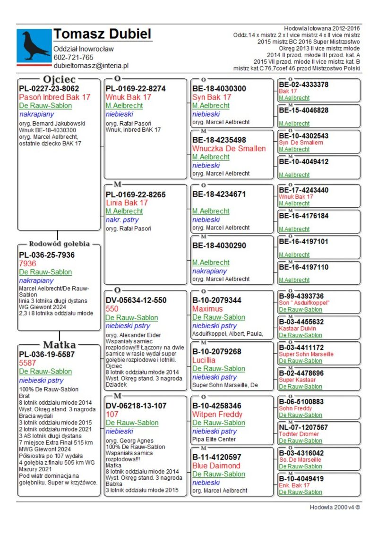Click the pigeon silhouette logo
[34, 46]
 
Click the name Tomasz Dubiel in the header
[102, 34]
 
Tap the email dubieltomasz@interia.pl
[91, 66]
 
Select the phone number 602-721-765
[73, 58]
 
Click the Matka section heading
[60, 344]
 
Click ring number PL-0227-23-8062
[49, 88]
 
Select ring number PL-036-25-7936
[46, 255]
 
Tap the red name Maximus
[206, 309]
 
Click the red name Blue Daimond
[216, 466]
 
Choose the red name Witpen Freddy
[217, 414]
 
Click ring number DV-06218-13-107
[136, 406]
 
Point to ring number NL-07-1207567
[309, 427]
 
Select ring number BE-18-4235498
[219, 140]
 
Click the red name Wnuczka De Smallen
[229, 148]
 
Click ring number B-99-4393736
[308, 296]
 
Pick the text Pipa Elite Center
[214, 439]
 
